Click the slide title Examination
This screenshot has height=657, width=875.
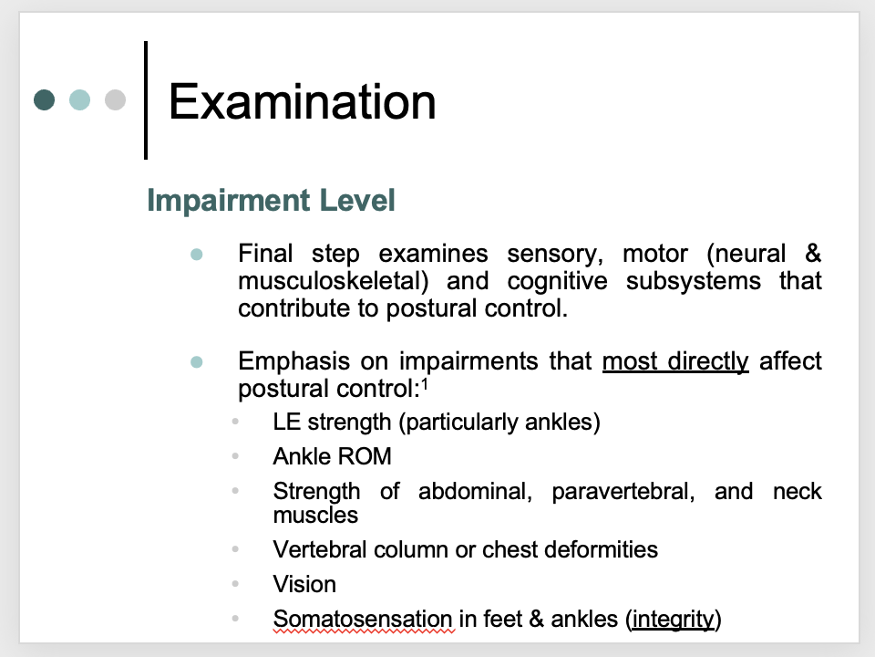pos(302,100)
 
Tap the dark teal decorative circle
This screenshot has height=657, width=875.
pos(45,99)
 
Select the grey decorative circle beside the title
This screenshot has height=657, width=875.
pos(115,99)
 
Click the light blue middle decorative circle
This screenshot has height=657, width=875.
pos(80,99)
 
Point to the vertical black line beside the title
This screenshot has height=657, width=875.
pos(146,99)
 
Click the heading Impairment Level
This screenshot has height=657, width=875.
pos(271,201)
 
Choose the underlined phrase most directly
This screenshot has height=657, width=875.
pos(674,361)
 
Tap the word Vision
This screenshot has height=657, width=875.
pos(304,584)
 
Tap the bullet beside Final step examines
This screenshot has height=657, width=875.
pos(196,254)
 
